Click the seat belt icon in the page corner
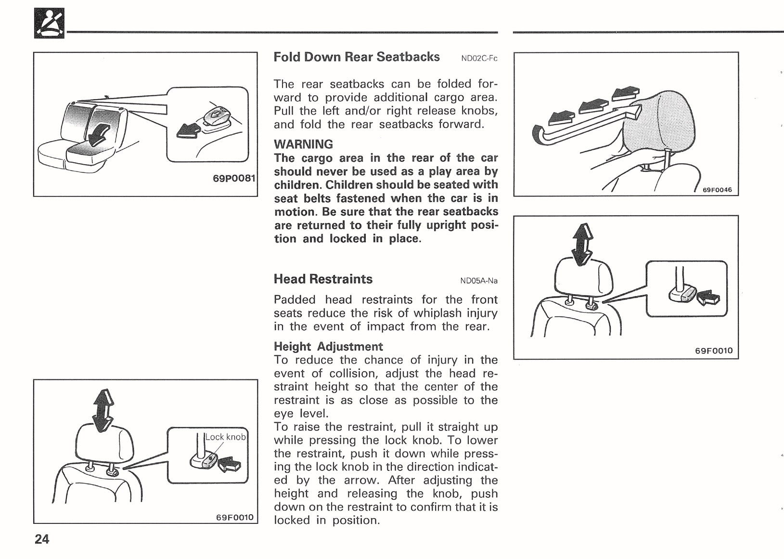coord(49,24)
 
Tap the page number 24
coord(42,539)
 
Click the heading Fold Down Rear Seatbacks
coord(356,57)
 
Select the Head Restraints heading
coord(323,279)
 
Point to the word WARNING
coord(303,144)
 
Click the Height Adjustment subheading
coord(328,346)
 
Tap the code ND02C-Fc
coord(479,59)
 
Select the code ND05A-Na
coord(478,281)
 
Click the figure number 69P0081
coord(233,178)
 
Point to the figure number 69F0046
coord(717,190)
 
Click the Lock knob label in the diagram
coord(225,437)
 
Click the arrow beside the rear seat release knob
coord(189,130)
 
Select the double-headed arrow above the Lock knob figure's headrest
coord(103,410)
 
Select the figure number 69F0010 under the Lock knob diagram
coord(234,518)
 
